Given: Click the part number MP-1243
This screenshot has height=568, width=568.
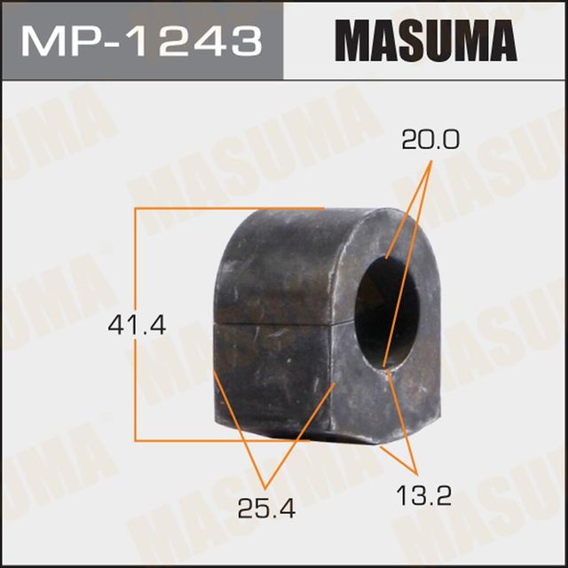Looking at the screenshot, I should click(x=141, y=40).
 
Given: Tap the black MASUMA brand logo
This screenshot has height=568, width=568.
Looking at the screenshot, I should click(x=425, y=40).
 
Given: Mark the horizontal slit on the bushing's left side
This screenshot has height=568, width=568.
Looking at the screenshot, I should click(x=275, y=325).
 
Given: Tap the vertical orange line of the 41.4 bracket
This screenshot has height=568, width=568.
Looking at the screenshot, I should click(x=135, y=325).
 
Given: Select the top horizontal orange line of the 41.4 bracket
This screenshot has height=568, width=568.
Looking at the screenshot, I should click(x=226, y=209).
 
